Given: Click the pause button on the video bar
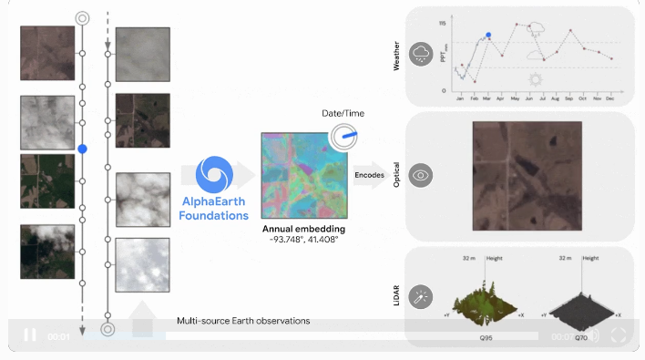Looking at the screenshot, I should click(30, 335).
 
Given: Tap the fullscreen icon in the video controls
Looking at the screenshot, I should click(618, 335).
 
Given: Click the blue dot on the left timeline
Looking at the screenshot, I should click(83, 148).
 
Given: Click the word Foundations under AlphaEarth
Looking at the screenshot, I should click(213, 216).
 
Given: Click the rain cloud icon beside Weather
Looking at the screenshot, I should click(421, 54).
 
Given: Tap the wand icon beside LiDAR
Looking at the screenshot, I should click(421, 297).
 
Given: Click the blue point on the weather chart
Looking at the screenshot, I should click(488, 36).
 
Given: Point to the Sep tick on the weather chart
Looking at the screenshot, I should click(569, 97).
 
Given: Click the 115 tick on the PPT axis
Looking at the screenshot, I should click(442, 22).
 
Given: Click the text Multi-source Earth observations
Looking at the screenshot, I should click(243, 321).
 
